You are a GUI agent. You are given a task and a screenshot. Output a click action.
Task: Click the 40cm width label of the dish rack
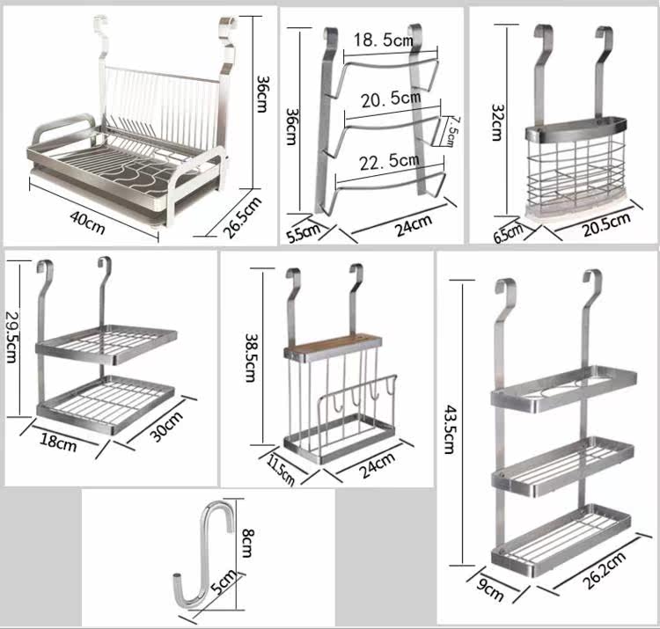point(88,226)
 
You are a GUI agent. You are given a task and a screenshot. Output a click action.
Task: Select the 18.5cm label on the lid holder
point(384,40)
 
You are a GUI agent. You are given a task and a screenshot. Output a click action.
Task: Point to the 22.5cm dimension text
point(388,160)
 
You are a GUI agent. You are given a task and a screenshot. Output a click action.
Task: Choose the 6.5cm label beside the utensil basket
point(509,233)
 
